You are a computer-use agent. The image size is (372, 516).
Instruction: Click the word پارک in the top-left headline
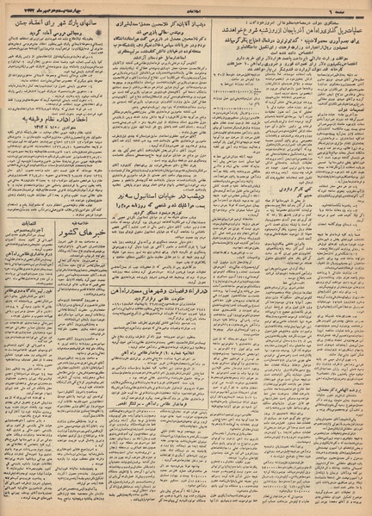pos(78,18)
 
